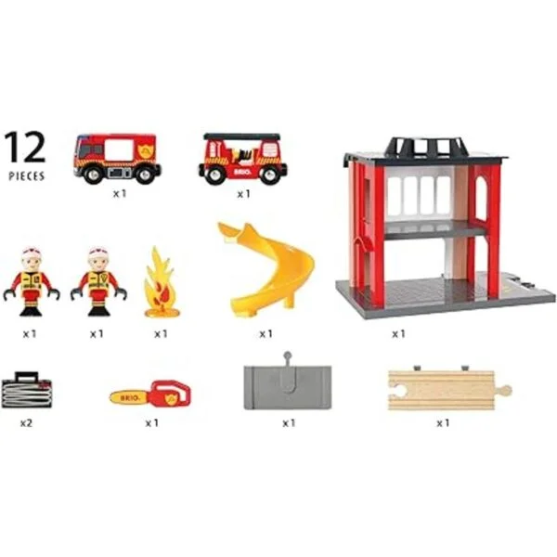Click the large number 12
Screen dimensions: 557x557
coord(25,147)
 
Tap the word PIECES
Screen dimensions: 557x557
coord(27,176)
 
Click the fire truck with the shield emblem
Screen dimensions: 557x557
coord(117,158)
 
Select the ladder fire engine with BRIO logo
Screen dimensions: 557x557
coord(242,159)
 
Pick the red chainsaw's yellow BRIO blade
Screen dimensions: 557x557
coord(130,397)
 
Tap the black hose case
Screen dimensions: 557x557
coord(27,390)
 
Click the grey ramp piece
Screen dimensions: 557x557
coord(288,386)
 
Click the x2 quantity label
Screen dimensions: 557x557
coord(26,423)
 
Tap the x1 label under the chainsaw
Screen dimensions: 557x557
coord(151,423)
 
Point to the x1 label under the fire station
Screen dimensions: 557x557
coord(398,334)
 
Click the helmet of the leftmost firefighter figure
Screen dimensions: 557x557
coord(32,253)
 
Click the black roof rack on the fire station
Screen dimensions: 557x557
coord(426,149)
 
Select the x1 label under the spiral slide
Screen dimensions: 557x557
coord(266,334)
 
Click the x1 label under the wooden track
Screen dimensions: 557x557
coord(443,423)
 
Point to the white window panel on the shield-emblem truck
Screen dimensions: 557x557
coord(120,150)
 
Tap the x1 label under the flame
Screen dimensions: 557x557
coord(161,334)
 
